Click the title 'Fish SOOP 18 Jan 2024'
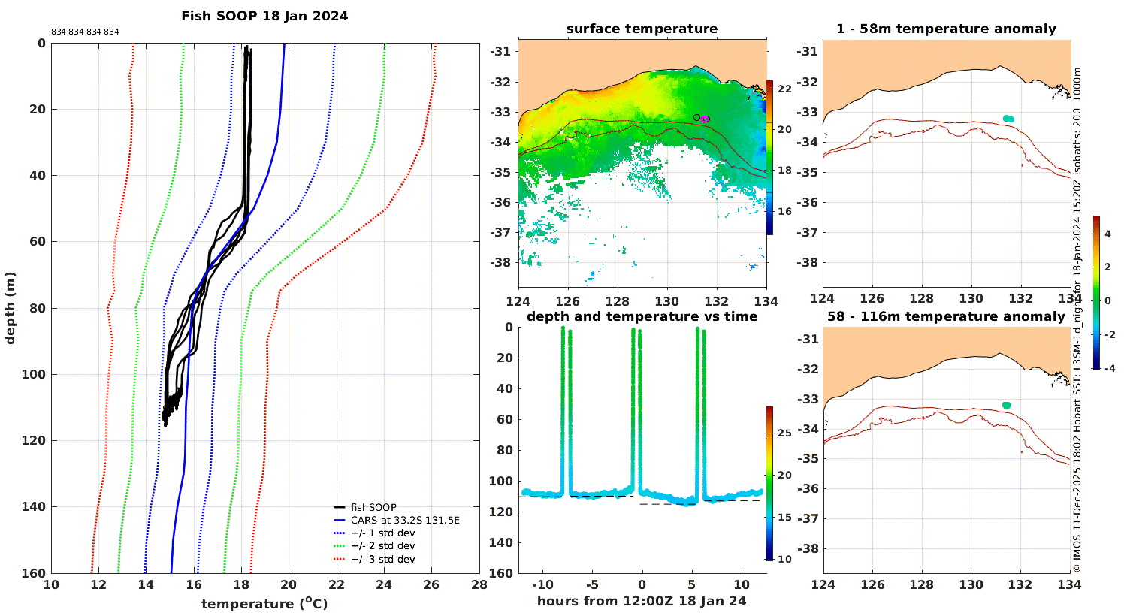click(264, 16)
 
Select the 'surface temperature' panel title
click(642, 29)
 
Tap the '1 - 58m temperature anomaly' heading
click(946, 29)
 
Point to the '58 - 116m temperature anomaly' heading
click(946, 316)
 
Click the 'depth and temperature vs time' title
click(642, 316)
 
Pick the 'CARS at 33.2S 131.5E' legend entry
click(405, 520)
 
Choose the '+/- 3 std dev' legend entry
click(383, 559)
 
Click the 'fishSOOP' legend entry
click(373, 507)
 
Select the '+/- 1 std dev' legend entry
click(383, 533)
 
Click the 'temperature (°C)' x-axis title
click(264, 603)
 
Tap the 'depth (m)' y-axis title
click(10, 308)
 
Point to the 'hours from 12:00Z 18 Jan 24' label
click(642, 601)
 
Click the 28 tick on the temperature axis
click(479, 584)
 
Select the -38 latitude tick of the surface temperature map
click(500, 262)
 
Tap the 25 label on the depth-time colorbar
click(785, 433)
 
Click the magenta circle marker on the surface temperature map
click(706, 119)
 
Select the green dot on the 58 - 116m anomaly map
click(1007, 406)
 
